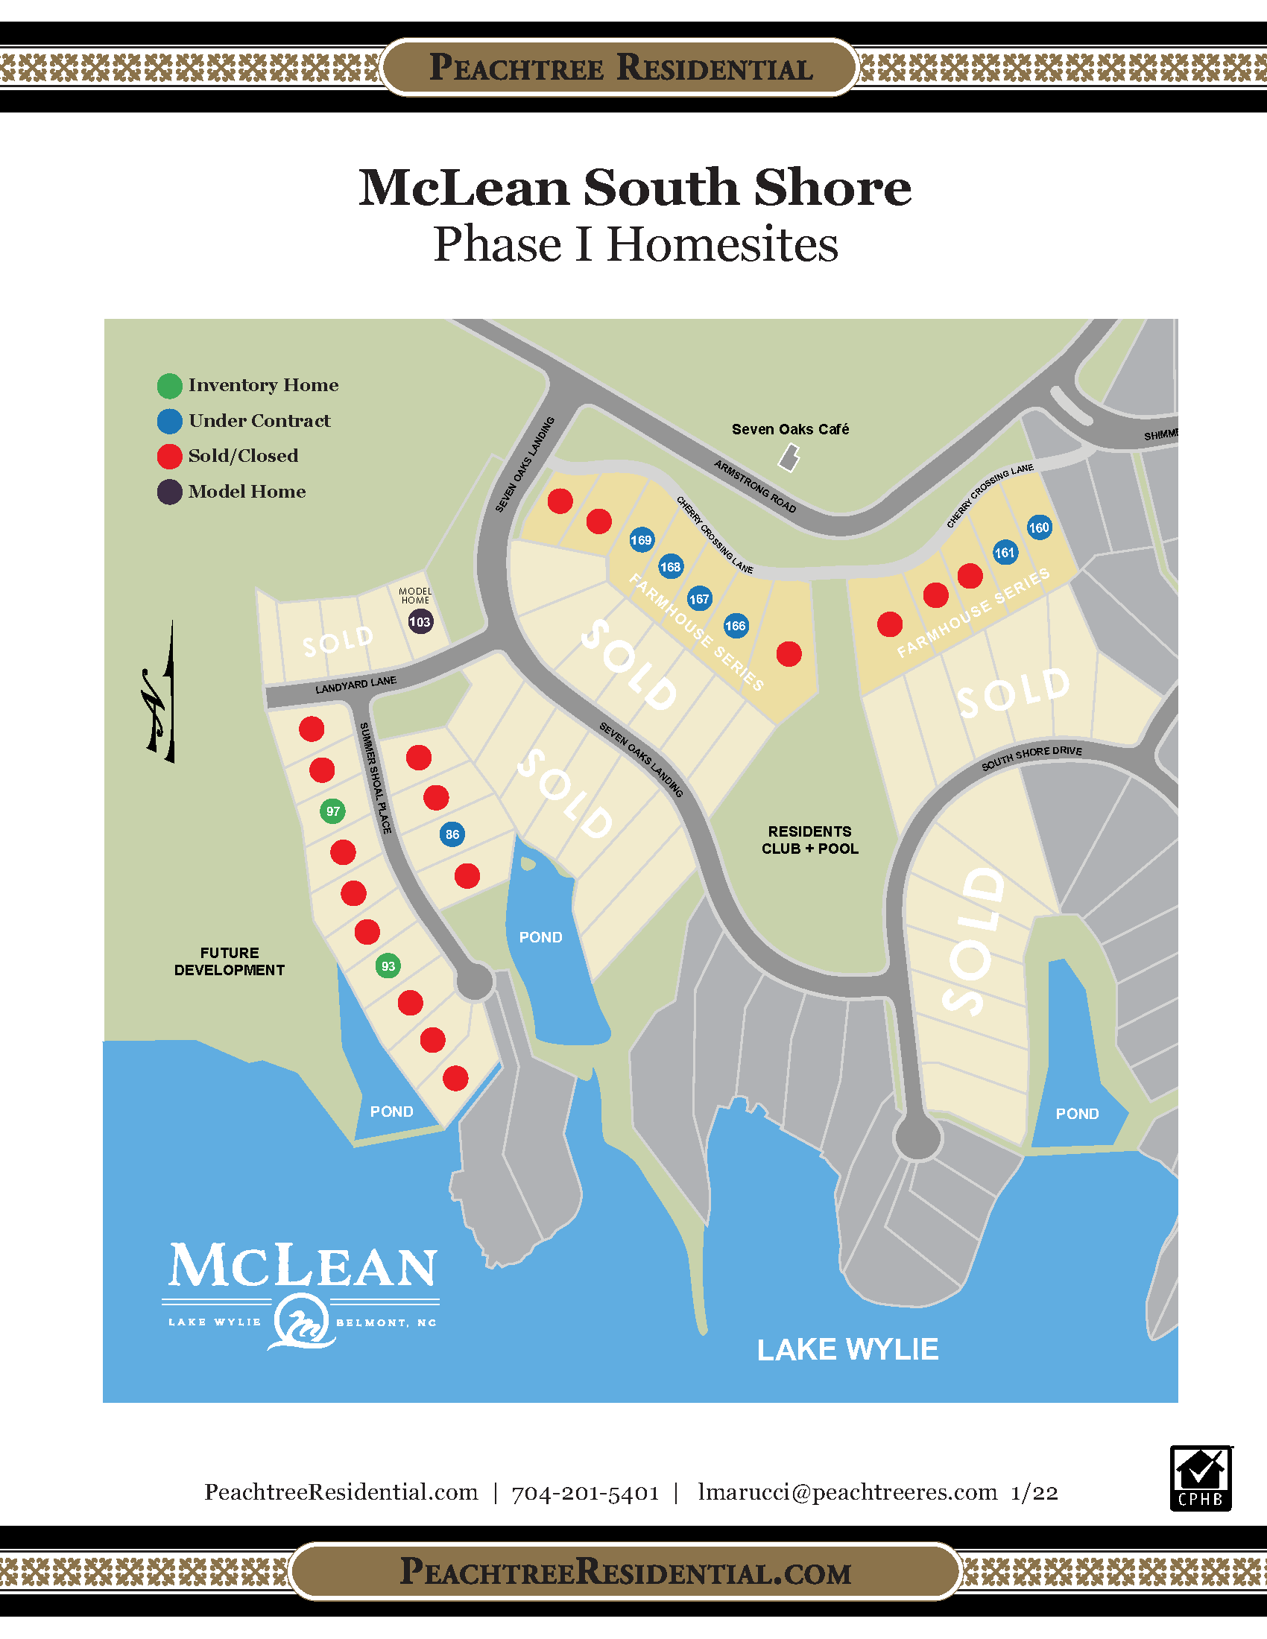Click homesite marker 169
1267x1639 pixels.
coord(641,539)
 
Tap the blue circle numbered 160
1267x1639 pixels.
coord(1039,527)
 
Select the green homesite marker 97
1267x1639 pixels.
coord(332,811)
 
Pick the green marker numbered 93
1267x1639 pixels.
coord(388,966)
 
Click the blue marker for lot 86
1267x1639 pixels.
coord(452,834)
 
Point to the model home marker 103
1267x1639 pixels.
coord(420,621)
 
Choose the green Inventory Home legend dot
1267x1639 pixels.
coord(170,386)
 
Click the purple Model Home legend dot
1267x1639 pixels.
coord(170,492)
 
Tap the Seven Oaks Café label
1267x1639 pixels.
coord(790,429)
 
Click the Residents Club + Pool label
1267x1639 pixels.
coord(810,840)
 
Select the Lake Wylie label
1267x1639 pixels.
coord(847,1349)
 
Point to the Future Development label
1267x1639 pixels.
coord(230,961)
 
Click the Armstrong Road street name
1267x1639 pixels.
coord(754,486)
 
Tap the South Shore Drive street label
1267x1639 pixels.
coord(1031,757)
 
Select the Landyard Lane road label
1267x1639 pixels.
coord(356,685)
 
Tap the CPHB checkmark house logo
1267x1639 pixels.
coord(1200,1478)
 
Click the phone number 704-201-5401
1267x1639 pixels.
coord(586,1494)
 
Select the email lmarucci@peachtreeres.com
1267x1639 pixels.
coord(847,1492)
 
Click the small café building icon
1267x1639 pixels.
coord(789,457)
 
